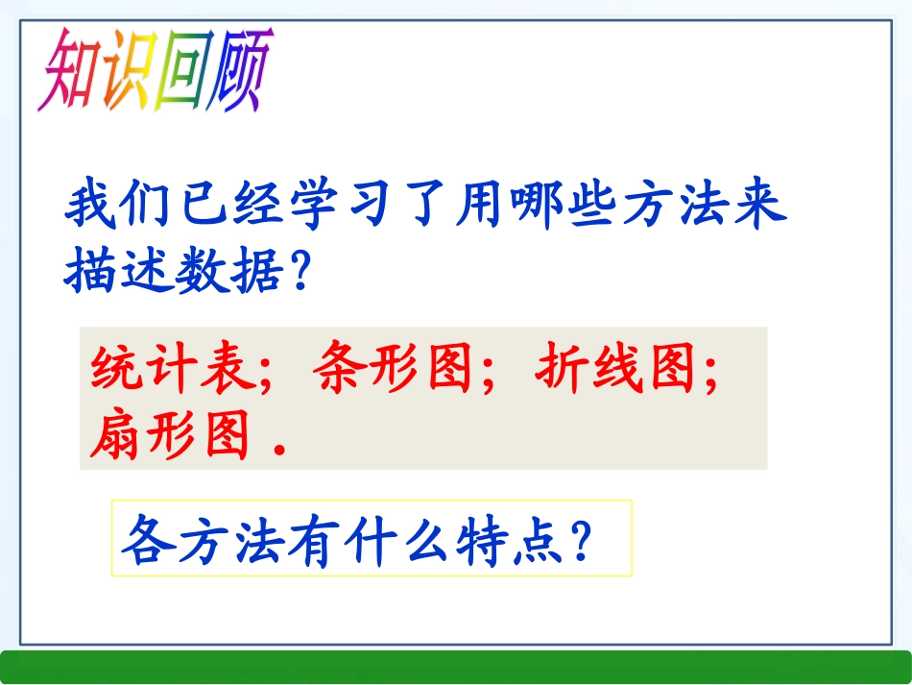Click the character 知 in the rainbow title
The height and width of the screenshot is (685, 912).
click(x=69, y=70)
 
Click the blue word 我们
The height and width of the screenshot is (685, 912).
click(x=120, y=206)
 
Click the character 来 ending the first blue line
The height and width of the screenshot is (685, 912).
click(x=758, y=206)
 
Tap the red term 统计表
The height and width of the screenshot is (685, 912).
click(x=172, y=368)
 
